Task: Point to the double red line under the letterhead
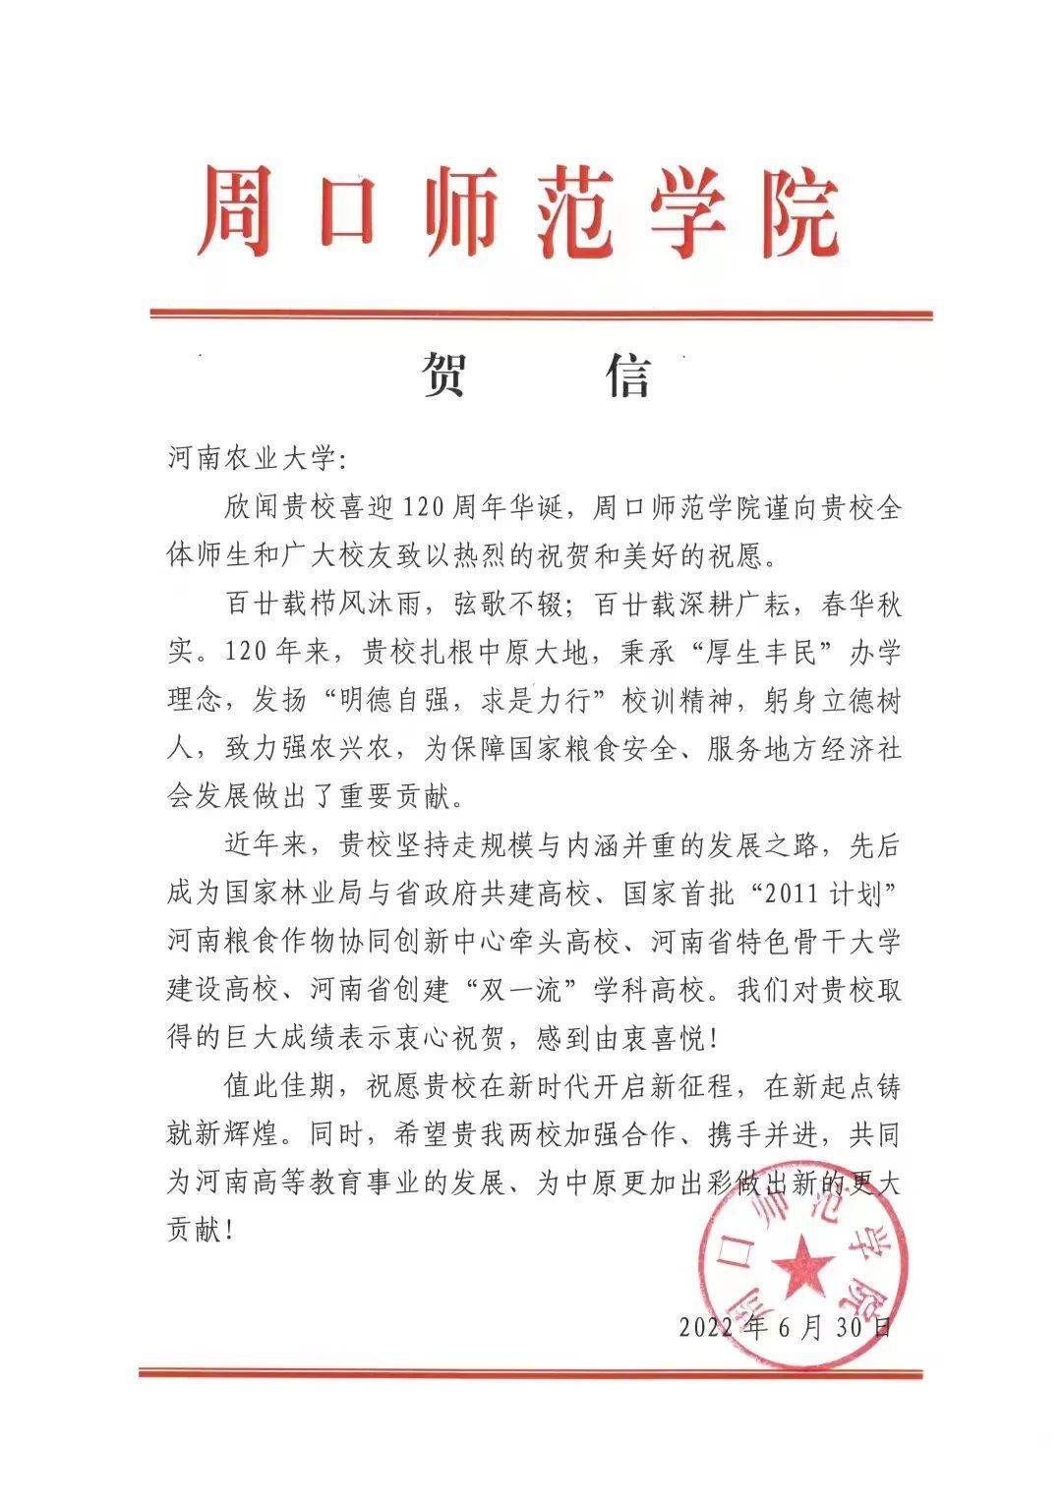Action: point(541,315)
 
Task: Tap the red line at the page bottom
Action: point(531,1372)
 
